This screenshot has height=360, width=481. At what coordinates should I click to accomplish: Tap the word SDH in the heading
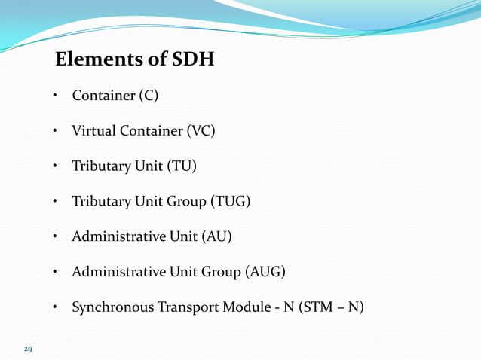[193, 59]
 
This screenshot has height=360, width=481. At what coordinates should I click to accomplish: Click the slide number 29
[28, 349]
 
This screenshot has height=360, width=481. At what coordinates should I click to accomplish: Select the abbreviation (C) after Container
[149, 96]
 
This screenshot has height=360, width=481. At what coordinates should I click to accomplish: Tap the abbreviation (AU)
[216, 237]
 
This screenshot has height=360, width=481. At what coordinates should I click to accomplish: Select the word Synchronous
[110, 307]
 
